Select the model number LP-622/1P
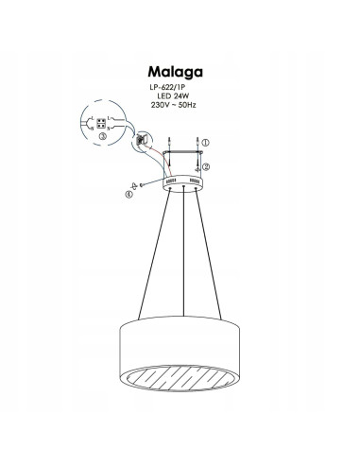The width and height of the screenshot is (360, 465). [x=169, y=91]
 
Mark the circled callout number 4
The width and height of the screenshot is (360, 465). [x=130, y=195]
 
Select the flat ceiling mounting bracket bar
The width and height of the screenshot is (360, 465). [x=180, y=153]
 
